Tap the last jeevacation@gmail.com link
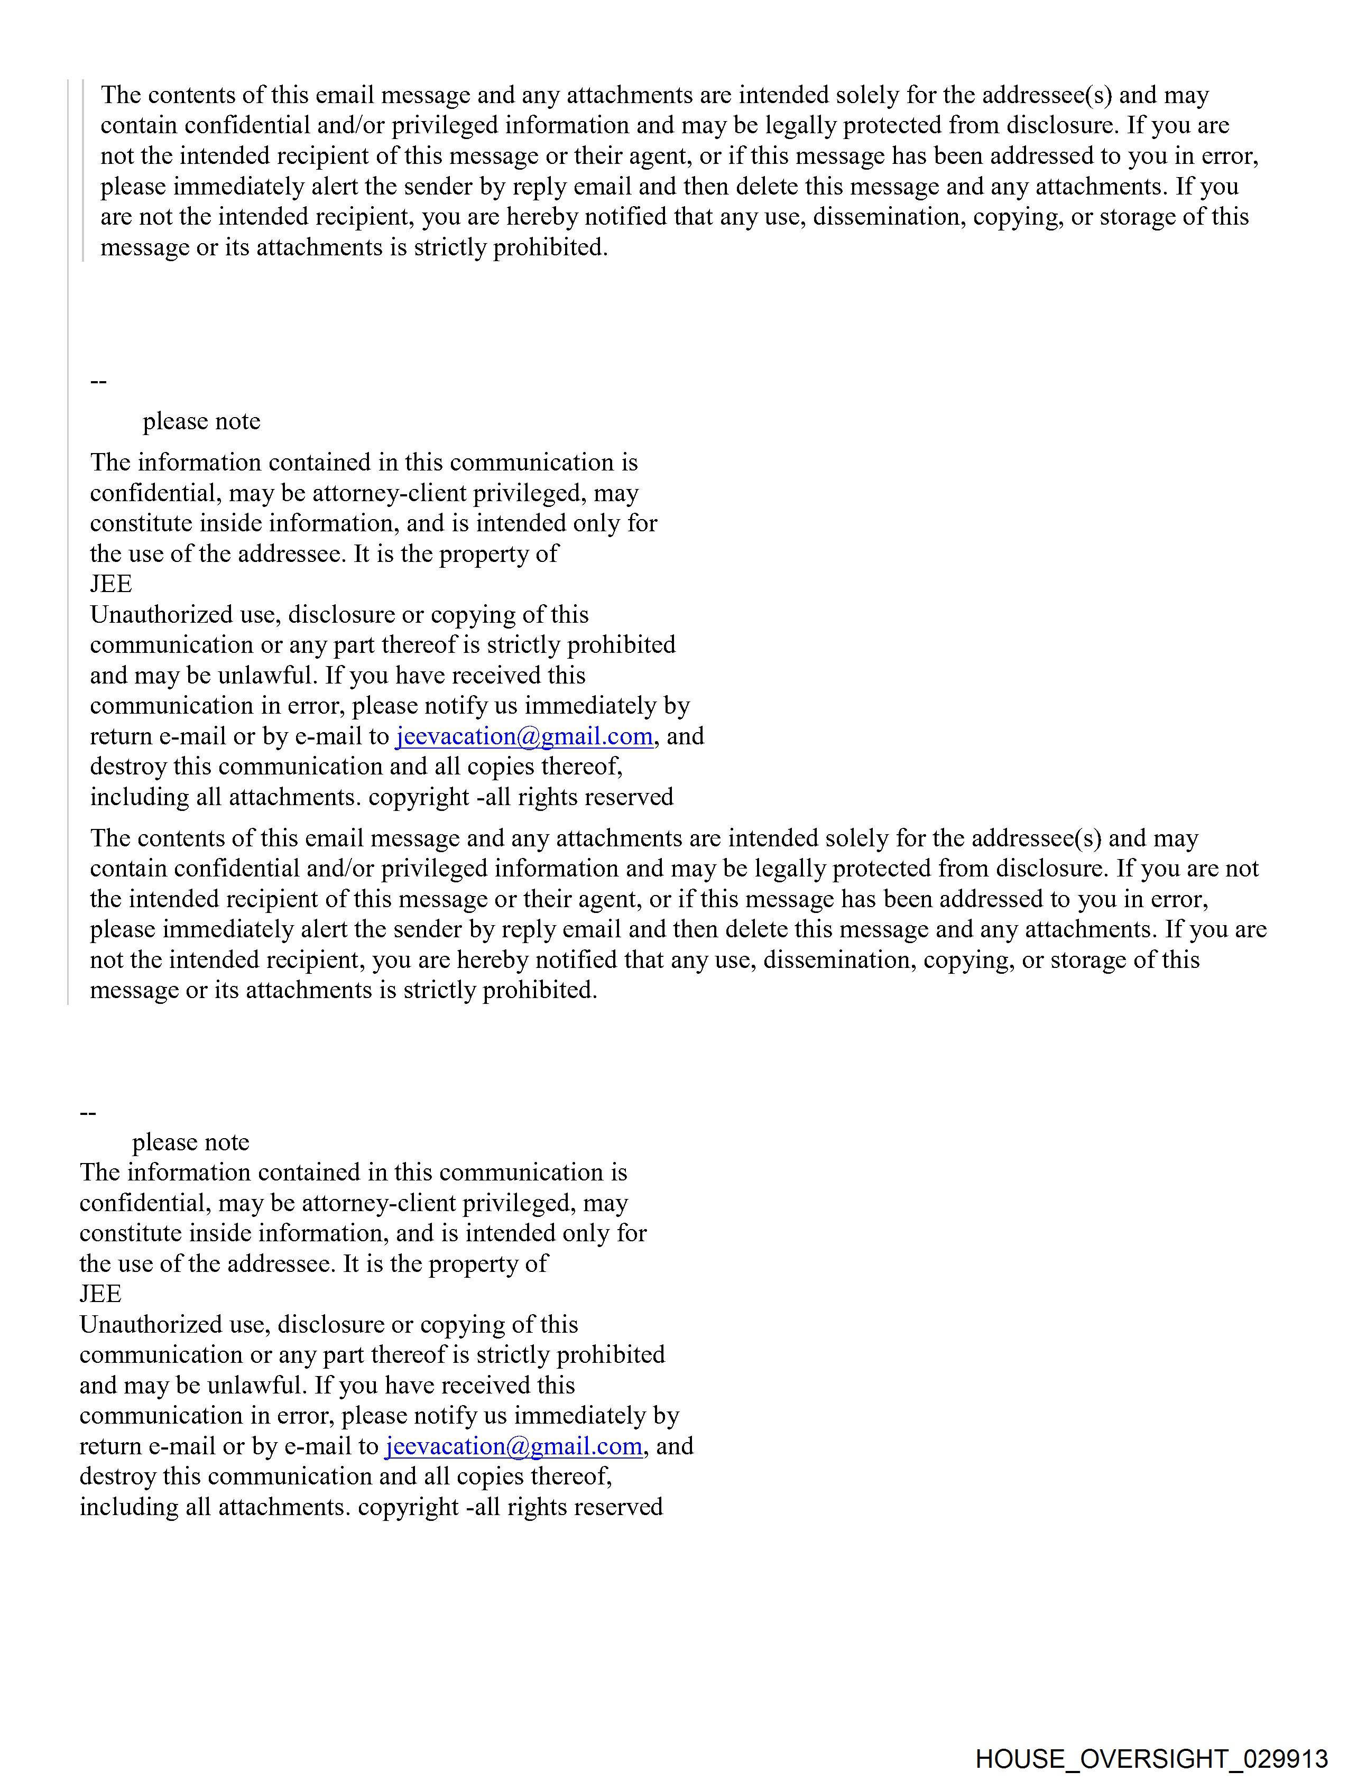513,1446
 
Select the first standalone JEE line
110,584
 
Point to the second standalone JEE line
100,1294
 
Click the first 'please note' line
201,421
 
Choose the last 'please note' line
191,1142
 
